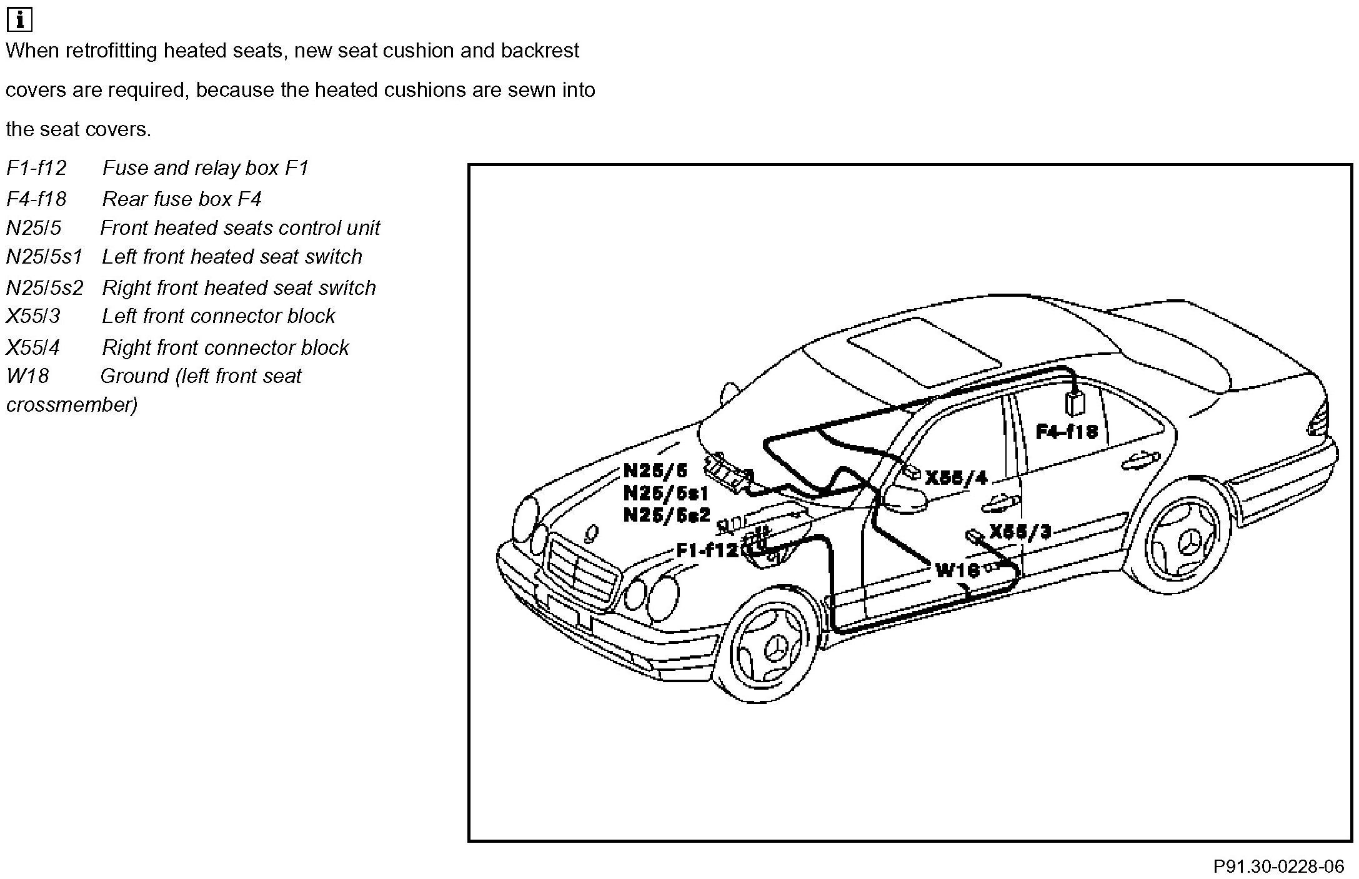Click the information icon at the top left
click(x=19, y=20)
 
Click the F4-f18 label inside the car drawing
click(x=1066, y=432)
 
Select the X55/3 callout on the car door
click(x=1020, y=532)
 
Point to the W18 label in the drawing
click(x=957, y=570)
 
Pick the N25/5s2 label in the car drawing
click(x=667, y=515)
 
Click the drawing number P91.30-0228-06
click(x=1278, y=867)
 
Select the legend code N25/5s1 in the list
click(x=44, y=257)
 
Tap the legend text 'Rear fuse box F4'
click(x=181, y=199)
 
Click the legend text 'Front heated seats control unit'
click(x=240, y=228)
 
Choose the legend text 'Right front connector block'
click(x=225, y=347)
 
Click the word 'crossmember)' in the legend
click(x=72, y=405)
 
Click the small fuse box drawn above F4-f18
click(x=1075, y=403)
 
